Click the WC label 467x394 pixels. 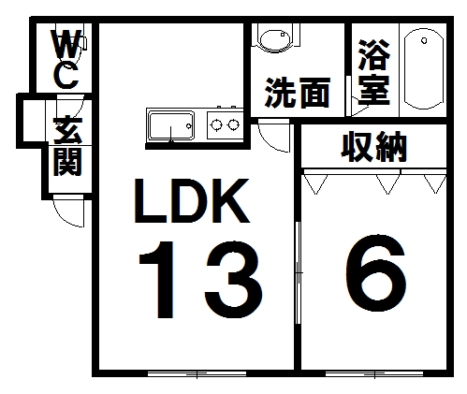(x=66, y=59)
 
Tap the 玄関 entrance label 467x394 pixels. (x=67, y=147)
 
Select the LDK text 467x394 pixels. (x=192, y=200)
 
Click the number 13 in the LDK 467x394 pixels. (x=200, y=280)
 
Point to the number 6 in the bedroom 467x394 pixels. (x=376, y=273)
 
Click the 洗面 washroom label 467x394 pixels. (x=298, y=93)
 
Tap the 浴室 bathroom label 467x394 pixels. (x=374, y=72)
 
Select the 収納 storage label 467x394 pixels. (x=373, y=147)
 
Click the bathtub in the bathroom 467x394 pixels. (x=423, y=69)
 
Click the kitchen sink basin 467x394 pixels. (x=171, y=126)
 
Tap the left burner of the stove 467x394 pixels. (x=216, y=124)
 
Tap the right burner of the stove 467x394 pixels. (x=233, y=124)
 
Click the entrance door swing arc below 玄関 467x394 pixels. (x=62, y=218)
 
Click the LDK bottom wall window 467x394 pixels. (x=197, y=373)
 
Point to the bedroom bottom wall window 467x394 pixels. (x=374, y=373)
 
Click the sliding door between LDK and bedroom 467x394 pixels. (x=298, y=273)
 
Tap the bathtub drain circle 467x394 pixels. (x=424, y=40)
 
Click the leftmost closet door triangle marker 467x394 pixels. (x=315, y=184)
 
